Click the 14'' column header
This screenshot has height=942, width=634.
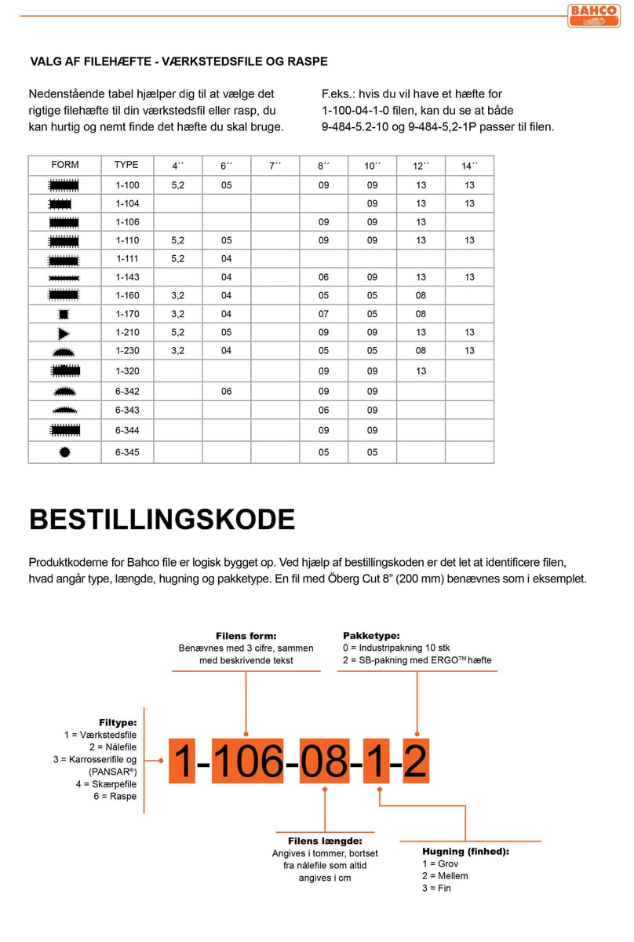pyautogui.click(x=469, y=166)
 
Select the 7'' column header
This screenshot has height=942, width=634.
pyautogui.click(x=274, y=166)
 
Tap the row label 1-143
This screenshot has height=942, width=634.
pyautogui.click(x=127, y=277)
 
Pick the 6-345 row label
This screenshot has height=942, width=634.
pyautogui.click(x=127, y=452)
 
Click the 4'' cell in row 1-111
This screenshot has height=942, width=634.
pyautogui.click(x=177, y=258)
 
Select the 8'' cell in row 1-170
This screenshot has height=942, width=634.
pyautogui.click(x=323, y=314)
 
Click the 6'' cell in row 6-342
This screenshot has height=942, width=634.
pyautogui.click(x=226, y=391)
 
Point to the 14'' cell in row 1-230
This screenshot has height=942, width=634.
pyautogui.click(x=469, y=351)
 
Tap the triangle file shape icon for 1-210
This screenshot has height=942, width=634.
pyautogui.click(x=64, y=332)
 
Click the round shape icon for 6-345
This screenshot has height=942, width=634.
pyautogui.click(x=64, y=452)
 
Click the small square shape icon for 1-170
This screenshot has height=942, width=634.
pyautogui.click(x=64, y=314)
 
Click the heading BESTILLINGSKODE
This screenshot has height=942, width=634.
pyautogui.click(x=162, y=520)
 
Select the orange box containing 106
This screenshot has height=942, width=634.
pyautogui.click(x=248, y=761)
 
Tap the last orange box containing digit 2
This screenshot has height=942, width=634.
pyautogui.click(x=416, y=761)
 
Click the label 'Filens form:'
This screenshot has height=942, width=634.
pyautogui.click(x=246, y=636)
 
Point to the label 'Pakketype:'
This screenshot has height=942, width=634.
pyautogui.click(x=371, y=635)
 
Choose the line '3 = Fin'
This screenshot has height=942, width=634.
pyautogui.click(x=436, y=888)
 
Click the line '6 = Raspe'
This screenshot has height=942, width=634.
pyautogui.click(x=117, y=796)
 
